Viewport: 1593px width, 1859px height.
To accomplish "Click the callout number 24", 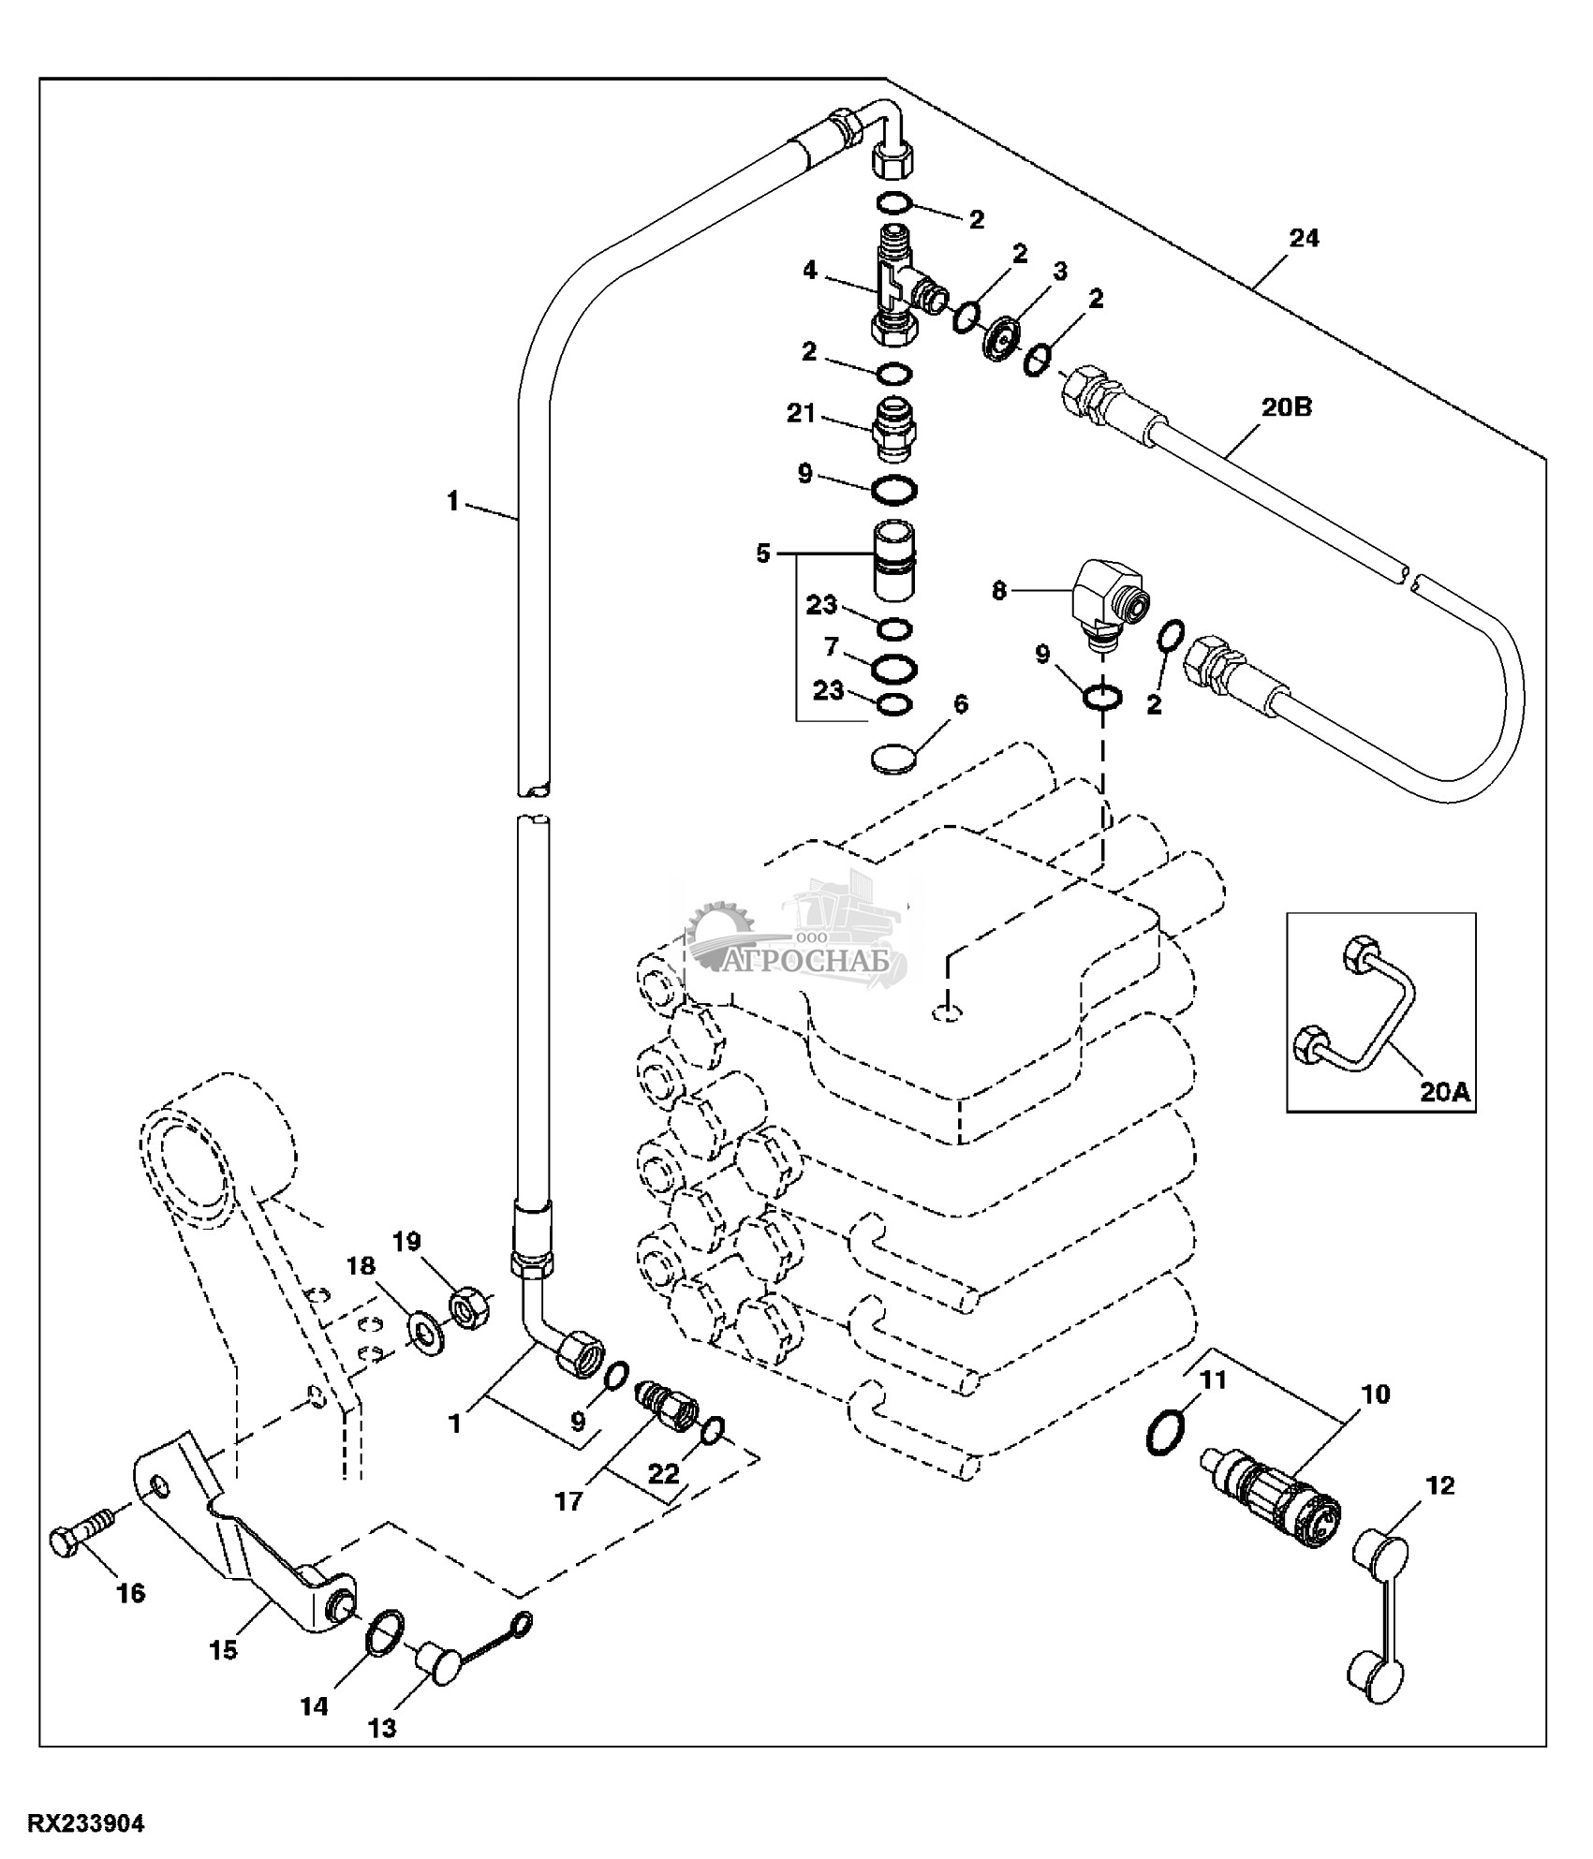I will pyautogui.click(x=1304, y=239).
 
